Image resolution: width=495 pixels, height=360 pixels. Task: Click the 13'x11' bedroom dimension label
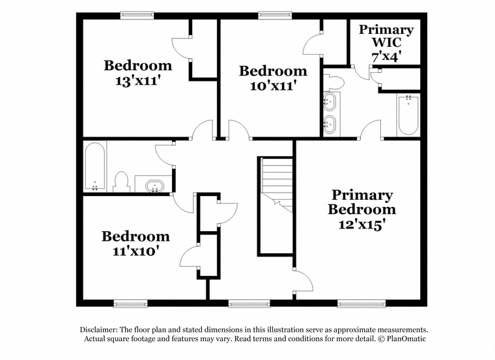pyautogui.click(x=135, y=81)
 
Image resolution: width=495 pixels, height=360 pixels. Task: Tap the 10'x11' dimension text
pyautogui.click(x=273, y=85)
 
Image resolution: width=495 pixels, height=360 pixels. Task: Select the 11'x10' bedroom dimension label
pyautogui.click(x=135, y=251)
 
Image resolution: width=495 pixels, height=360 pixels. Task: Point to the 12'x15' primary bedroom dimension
pyautogui.click(x=362, y=225)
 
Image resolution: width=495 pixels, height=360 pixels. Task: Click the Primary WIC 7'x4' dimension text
pyautogui.click(x=386, y=57)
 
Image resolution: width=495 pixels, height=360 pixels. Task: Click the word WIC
pyautogui.click(x=386, y=42)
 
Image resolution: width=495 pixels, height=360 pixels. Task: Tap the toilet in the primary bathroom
pyautogui.click(x=333, y=82)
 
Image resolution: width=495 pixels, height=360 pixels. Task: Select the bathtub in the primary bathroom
pyautogui.click(x=408, y=115)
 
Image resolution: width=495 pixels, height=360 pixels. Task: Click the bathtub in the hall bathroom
pyautogui.click(x=94, y=167)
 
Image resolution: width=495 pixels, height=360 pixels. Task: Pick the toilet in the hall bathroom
pyautogui.click(x=122, y=182)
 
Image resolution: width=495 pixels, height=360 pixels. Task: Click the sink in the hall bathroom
pyautogui.click(x=154, y=186)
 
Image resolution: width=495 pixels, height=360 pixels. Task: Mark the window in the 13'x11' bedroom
pyautogui.click(x=137, y=15)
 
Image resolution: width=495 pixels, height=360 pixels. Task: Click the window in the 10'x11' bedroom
pyautogui.click(x=275, y=15)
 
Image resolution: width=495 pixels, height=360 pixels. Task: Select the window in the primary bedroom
pyautogui.click(x=361, y=304)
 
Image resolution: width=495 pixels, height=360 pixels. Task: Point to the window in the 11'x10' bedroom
pyautogui.click(x=131, y=304)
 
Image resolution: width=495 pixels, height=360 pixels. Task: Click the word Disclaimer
pyautogui.click(x=98, y=329)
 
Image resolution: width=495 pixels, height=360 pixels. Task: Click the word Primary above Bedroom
pyautogui.click(x=362, y=195)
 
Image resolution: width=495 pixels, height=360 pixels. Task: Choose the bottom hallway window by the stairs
pyautogui.click(x=249, y=304)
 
